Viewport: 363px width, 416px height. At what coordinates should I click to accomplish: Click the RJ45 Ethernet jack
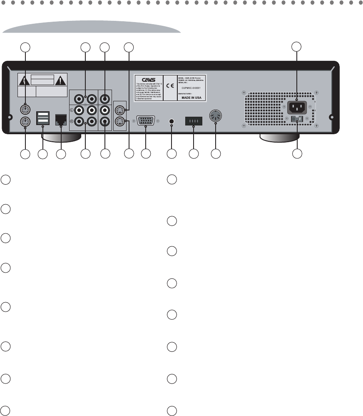[x=61, y=120]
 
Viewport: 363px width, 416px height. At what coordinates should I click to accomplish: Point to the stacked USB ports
[x=43, y=118]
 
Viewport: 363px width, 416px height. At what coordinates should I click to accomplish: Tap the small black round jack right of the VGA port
[x=172, y=121]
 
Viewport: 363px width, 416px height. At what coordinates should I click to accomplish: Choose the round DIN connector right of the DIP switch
[x=216, y=117]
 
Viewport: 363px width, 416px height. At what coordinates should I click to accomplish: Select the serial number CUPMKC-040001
[x=193, y=88]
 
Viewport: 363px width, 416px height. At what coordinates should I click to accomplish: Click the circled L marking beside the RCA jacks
[x=72, y=110]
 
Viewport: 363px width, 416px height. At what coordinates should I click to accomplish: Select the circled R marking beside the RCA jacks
[x=72, y=122]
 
